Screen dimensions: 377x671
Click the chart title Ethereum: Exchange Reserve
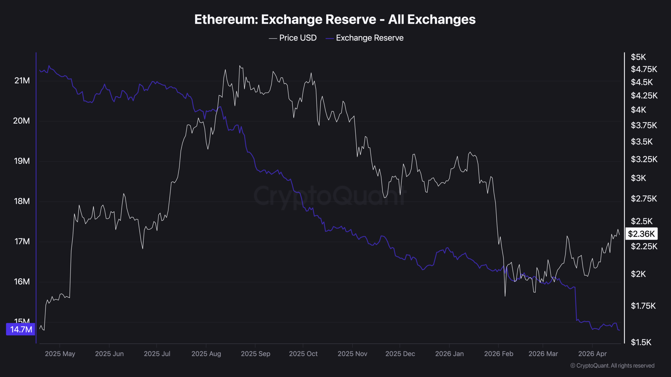(x=335, y=19)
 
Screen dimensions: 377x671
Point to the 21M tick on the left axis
(x=22, y=81)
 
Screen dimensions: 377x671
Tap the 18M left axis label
(x=22, y=201)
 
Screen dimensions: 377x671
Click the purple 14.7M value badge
(x=21, y=329)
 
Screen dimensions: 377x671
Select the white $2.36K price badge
(x=641, y=234)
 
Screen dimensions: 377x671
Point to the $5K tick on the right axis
(x=638, y=57)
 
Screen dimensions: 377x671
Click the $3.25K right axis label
(x=644, y=159)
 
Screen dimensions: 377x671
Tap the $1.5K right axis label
(x=641, y=342)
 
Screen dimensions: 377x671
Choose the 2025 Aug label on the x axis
(x=206, y=354)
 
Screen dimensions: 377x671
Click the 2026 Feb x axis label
(x=499, y=354)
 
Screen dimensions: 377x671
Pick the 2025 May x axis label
(x=60, y=354)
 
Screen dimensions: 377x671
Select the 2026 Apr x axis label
(x=592, y=354)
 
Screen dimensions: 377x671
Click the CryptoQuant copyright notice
(x=612, y=365)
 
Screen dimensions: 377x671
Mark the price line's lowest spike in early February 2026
(x=505, y=296)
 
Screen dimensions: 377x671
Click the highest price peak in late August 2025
(x=240, y=66)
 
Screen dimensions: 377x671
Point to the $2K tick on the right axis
(x=638, y=274)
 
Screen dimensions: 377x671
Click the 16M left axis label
(x=22, y=282)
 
